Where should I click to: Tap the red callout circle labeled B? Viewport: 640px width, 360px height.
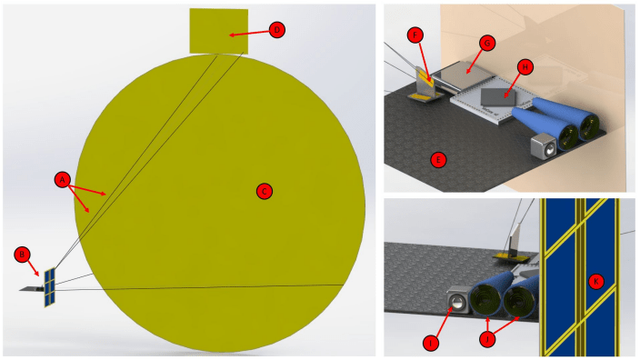(x=24, y=253)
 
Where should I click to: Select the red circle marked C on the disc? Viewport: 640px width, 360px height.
(x=264, y=191)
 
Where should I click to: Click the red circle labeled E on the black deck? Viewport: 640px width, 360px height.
(x=438, y=159)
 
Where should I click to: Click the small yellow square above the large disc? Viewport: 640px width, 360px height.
(x=218, y=31)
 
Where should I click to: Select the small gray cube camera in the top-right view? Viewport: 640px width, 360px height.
(x=544, y=145)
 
